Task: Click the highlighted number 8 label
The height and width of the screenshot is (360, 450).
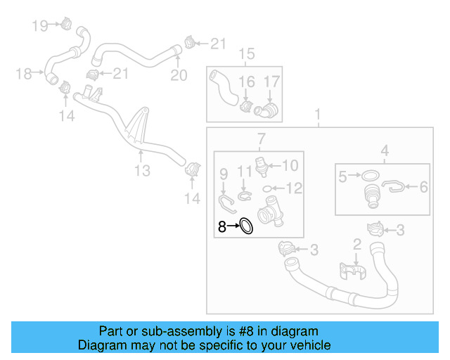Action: click(222, 226)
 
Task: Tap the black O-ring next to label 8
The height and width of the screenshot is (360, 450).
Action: click(247, 226)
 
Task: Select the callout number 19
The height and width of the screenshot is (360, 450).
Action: click(39, 26)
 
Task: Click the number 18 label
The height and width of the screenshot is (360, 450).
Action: click(23, 73)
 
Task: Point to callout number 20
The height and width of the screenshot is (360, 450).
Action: click(179, 75)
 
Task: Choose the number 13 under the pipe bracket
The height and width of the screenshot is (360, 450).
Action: click(142, 171)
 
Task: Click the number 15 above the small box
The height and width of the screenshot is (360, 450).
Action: click(246, 54)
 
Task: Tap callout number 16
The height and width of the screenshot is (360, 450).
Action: click(246, 82)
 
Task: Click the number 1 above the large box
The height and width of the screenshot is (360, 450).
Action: click(317, 114)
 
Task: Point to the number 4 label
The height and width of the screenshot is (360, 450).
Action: click(385, 150)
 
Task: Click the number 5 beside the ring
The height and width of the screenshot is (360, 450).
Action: click(342, 177)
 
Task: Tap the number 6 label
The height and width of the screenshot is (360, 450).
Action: click(424, 187)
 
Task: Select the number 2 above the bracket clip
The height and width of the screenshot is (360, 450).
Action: click(356, 244)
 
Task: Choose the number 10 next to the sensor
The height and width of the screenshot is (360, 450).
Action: click(290, 166)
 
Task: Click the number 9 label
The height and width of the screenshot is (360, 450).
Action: click(224, 173)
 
